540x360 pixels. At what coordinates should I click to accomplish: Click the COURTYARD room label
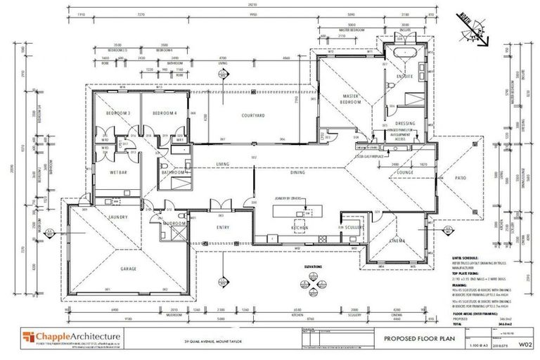(252, 115)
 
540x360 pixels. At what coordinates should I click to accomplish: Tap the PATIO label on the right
(461, 179)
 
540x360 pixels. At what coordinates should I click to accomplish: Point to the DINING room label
(297, 172)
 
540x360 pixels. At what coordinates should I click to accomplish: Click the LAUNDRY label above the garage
(117, 217)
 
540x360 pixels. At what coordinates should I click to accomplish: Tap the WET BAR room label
(117, 171)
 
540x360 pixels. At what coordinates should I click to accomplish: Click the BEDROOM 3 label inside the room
(118, 114)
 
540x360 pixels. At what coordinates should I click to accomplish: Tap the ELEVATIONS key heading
(313, 266)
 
